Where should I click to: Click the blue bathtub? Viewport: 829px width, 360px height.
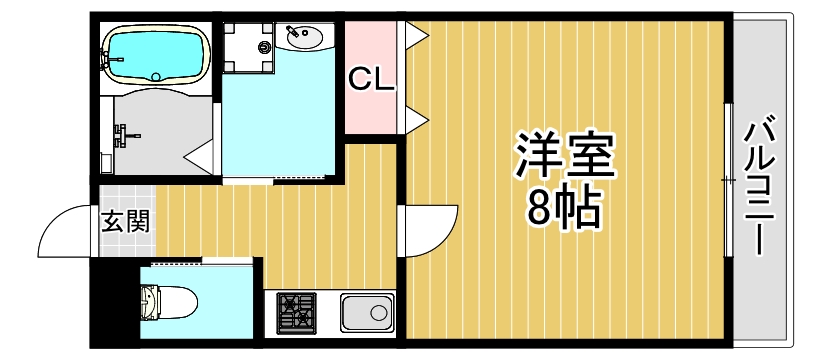pyautogui.click(x=156, y=55)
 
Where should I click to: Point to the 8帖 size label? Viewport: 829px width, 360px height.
pyautogui.click(x=563, y=208)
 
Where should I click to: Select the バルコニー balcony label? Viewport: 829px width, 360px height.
pyautogui.click(x=762, y=184)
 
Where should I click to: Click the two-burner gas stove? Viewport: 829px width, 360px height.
pyautogui.click(x=295, y=313)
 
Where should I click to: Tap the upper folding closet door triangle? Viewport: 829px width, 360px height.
pyautogui.click(x=416, y=38)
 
